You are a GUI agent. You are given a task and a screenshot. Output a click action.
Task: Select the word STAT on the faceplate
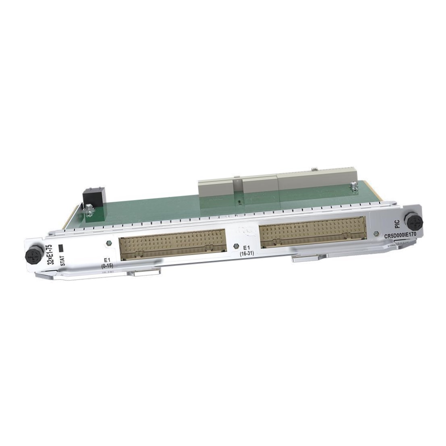tap(62, 260)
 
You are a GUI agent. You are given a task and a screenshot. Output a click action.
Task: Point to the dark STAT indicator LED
tap(60, 248)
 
